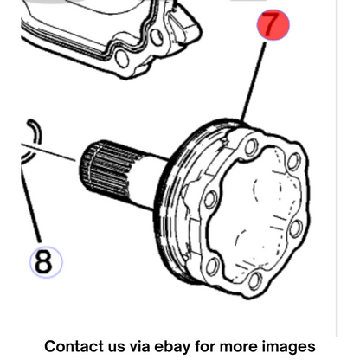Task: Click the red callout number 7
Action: coord(273,24)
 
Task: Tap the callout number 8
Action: coord(46,262)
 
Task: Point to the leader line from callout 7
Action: coord(254,82)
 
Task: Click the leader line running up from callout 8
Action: coord(31,203)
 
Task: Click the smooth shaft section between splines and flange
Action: coord(145,183)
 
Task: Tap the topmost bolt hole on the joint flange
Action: coord(252,147)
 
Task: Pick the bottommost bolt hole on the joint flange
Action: coord(255,281)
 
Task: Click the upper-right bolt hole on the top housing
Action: coord(157,37)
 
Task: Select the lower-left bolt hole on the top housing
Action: coord(122,59)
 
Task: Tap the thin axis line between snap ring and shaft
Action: coord(49,151)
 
